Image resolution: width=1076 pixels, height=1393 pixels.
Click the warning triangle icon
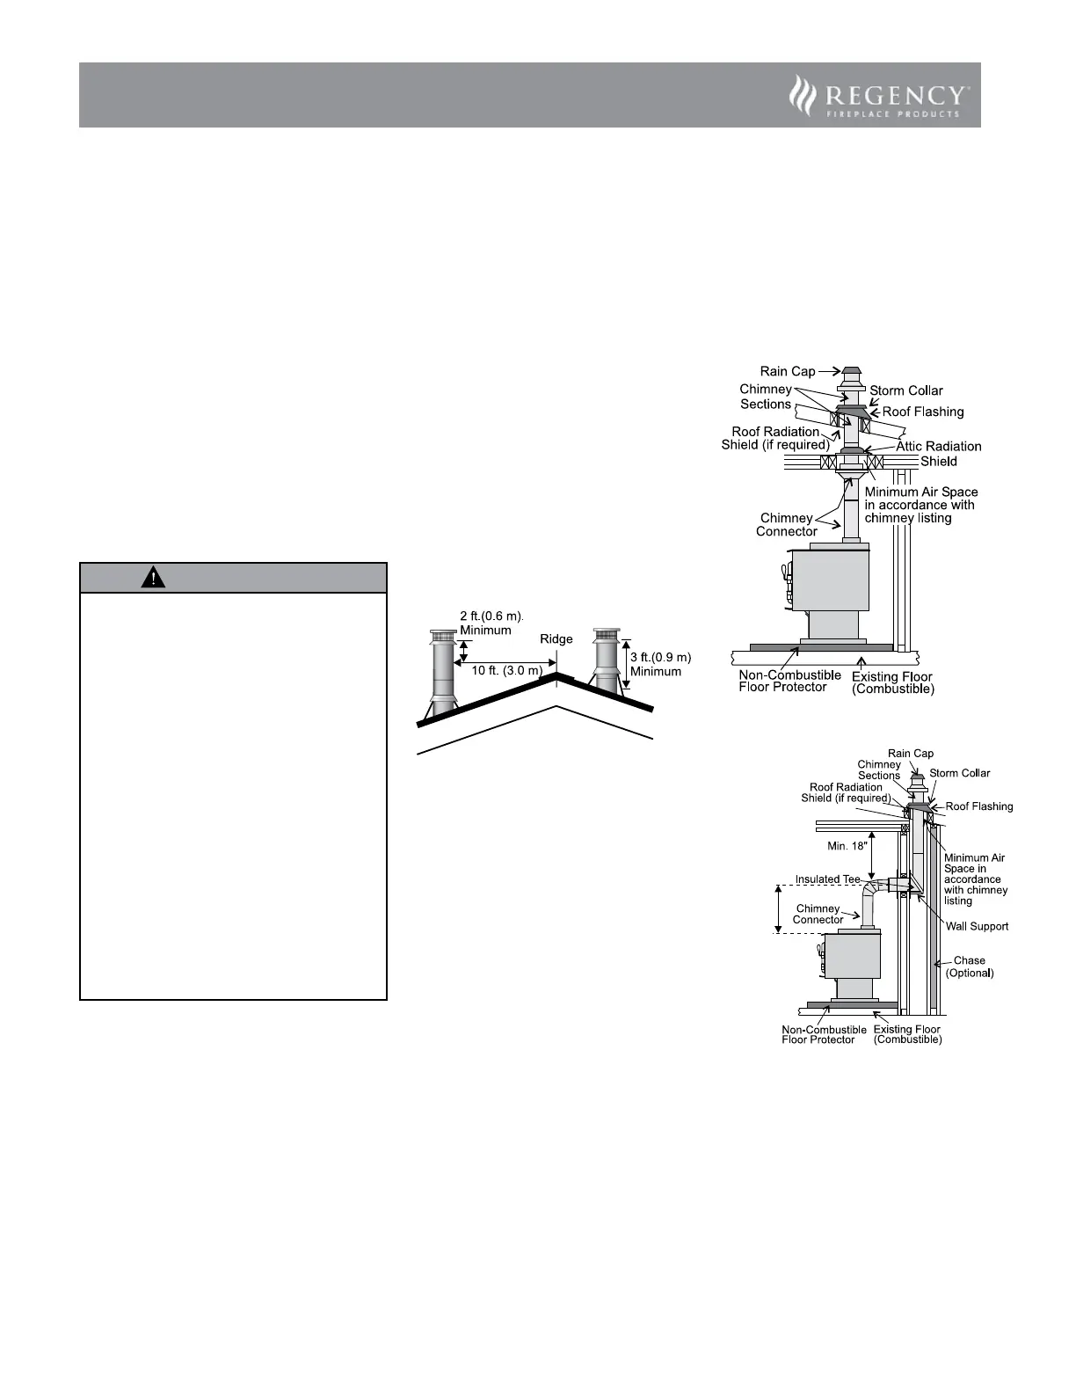152,578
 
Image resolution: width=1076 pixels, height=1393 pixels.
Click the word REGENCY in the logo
893,95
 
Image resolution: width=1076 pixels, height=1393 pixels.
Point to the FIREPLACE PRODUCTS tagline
893,114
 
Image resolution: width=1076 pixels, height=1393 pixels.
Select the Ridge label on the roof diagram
556,639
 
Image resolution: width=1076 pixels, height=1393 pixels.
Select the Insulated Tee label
827,879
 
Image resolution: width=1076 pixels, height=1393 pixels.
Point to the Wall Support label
977,926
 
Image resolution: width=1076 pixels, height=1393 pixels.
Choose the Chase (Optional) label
969,966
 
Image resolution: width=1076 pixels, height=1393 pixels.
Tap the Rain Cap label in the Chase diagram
911,754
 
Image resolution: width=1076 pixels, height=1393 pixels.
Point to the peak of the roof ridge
555,675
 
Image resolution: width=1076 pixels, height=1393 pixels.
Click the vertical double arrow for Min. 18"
871,854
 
